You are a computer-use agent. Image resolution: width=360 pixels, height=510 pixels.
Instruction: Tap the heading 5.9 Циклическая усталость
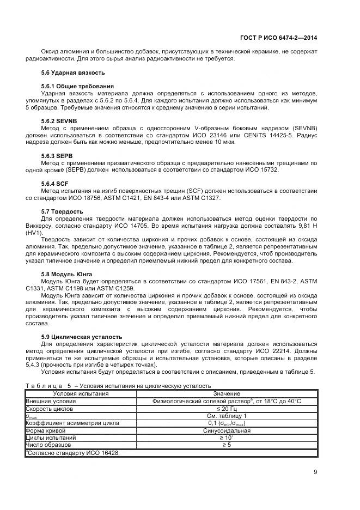[82, 336]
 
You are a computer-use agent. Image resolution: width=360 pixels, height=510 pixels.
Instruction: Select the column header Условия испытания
[81, 393]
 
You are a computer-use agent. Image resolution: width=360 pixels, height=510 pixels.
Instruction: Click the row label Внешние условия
[51, 400]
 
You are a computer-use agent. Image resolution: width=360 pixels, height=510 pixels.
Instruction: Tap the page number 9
[315, 472]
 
